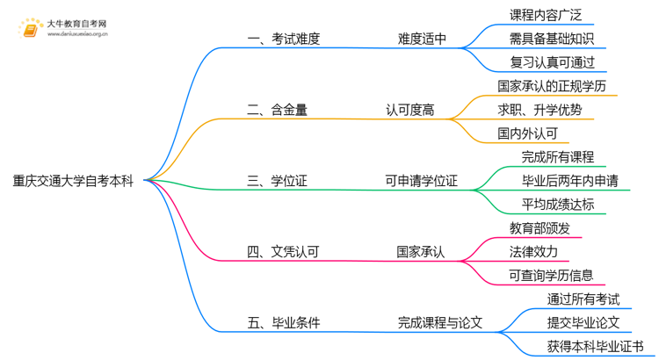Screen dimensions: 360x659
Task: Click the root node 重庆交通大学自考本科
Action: click(73, 181)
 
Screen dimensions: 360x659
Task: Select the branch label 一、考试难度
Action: click(283, 39)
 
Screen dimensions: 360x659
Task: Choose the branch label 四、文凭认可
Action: click(283, 252)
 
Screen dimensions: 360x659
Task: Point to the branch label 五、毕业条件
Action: click(283, 323)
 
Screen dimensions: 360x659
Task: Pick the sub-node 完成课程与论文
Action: click(439, 323)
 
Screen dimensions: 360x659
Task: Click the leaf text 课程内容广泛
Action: click(546, 15)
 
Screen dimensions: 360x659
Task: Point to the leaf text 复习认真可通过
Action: click(552, 62)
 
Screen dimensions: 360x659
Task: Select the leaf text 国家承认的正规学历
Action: click(551, 86)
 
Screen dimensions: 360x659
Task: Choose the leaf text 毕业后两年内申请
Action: click(569, 181)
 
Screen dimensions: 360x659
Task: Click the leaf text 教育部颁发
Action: click(540, 228)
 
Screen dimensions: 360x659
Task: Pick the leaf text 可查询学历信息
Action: click(551, 276)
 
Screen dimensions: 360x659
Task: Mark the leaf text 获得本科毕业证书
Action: click(595, 347)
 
